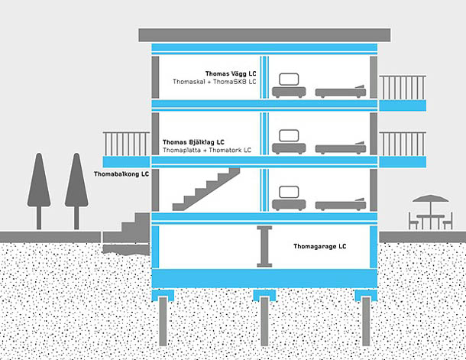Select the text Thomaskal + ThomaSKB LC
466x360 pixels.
tap(215, 82)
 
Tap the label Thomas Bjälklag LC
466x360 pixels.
tap(193, 142)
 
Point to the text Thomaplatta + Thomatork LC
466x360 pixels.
tap(207, 151)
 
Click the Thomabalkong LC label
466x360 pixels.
tap(121, 174)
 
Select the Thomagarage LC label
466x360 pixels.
tap(320, 247)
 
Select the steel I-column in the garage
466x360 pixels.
tap(265, 246)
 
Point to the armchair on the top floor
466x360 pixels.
tap(289, 86)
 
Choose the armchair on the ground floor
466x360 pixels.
tap(289, 199)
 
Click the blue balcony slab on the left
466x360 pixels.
tap(125, 162)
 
